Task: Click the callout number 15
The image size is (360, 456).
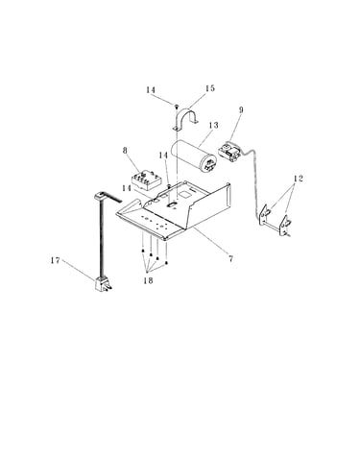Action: click(x=210, y=88)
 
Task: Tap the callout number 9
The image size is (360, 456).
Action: click(x=241, y=109)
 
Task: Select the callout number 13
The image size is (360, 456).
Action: click(x=213, y=125)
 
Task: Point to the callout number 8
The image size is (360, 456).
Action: click(x=125, y=151)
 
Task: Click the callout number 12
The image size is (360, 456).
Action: click(x=298, y=179)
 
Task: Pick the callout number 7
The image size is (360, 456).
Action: click(x=230, y=258)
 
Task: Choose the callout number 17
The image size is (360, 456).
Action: click(x=56, y=260)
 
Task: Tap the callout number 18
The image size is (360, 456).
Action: click(x=148, y=280)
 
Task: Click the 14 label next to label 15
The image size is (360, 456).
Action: click(x=151, y=90)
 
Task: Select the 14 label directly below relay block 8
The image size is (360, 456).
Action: click(x=127, y=188)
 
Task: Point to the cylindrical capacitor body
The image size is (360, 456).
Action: click(x=194, y=156)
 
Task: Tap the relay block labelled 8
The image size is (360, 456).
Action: click(x=146, y=180)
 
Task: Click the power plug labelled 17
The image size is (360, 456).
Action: click(x=103, y=284)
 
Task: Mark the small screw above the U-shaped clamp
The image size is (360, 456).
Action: click(x=176, y=107)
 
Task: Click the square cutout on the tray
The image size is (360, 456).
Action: click(x=184, y=194)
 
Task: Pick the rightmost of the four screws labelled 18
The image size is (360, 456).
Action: click(x=166, y=263)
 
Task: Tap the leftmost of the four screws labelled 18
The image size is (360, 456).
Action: click(x=142, y=251)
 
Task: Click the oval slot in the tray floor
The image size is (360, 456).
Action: click(x=173, y=203)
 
